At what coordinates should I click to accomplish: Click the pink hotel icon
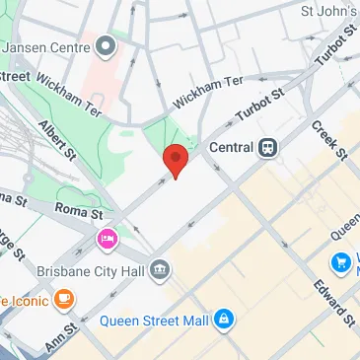point(107,239)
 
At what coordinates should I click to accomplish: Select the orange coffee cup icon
point(64,297)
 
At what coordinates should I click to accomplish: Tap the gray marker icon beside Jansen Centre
point(106,46)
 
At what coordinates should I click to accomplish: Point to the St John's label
point(329,12)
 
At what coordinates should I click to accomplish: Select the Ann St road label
point(60,340)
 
